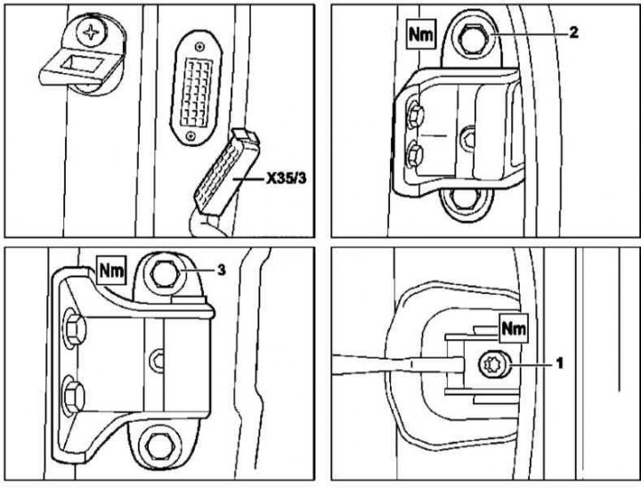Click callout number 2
574,33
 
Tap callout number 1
559,362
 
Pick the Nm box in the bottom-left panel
113,266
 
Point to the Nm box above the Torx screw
513,329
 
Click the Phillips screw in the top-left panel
90,33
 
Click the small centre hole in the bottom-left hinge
158,359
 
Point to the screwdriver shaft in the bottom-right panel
392,363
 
